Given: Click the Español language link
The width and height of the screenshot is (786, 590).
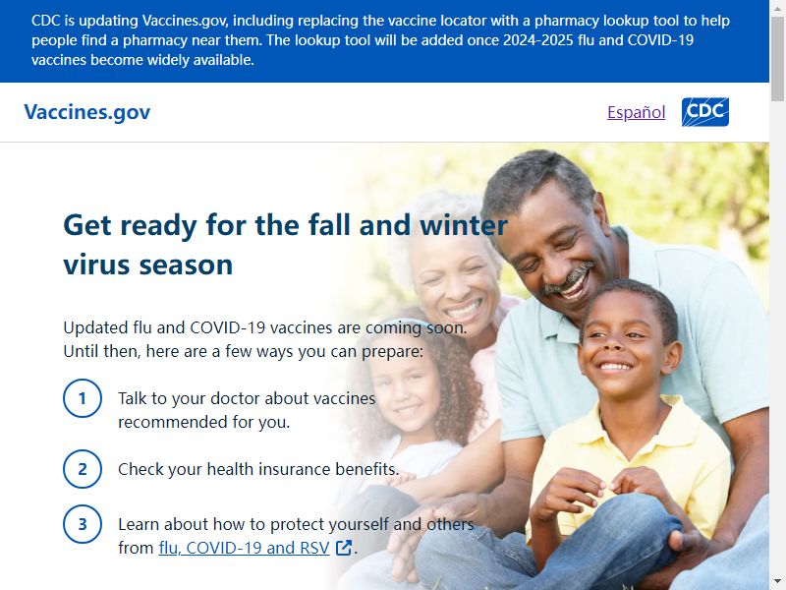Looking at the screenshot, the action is [636, 112].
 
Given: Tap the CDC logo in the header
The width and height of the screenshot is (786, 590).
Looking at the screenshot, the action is [704, 112].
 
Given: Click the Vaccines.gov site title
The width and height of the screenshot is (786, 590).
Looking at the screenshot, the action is [87, 112].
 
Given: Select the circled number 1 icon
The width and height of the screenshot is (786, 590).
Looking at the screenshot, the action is [83, 398].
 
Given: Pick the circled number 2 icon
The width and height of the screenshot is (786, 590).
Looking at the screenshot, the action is [83, 469].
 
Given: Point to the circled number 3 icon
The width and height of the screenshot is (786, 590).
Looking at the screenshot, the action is [83, 524].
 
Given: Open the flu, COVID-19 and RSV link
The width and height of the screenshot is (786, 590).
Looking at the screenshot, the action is [244, 548].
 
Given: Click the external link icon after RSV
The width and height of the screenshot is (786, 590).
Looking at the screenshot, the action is [344, 548].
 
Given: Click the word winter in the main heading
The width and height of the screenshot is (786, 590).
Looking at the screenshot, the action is [464, 225].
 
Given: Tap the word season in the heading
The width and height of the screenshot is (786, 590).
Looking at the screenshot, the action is [186, 265].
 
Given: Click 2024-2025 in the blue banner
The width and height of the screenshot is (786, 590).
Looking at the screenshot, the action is [537, 40].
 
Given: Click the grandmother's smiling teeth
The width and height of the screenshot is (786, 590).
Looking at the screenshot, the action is [464, 308].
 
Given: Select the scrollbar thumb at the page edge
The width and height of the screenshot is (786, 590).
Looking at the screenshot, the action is [777, 59].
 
